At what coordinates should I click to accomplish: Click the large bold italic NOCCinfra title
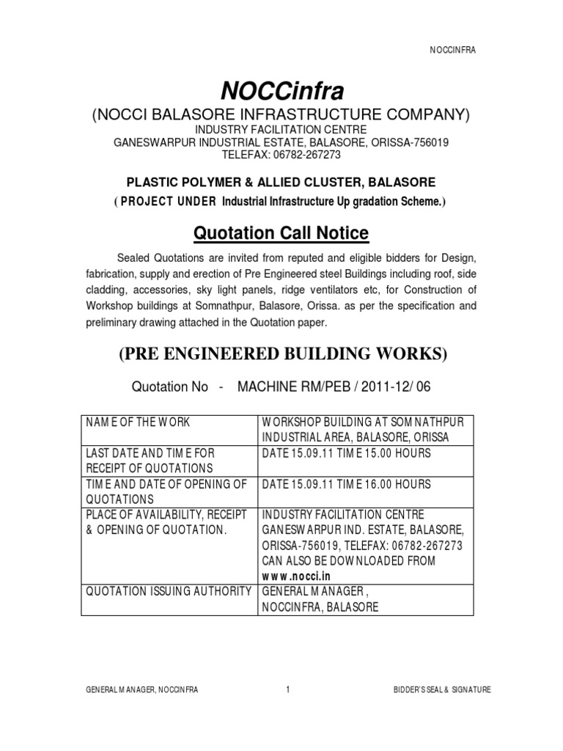(x=282, y=92)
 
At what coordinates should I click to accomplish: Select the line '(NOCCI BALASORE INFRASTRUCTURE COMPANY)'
(x=282, y=115)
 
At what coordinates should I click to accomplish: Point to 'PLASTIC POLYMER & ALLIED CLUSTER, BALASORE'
(x=282, y=182)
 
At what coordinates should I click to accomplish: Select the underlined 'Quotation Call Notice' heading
(x=281, y=233)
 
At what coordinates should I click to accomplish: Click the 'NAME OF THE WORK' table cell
(x=132, y=422)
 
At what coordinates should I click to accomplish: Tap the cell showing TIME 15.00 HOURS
(x=347, y=453)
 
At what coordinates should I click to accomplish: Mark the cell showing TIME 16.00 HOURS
(x=347, y=485)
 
